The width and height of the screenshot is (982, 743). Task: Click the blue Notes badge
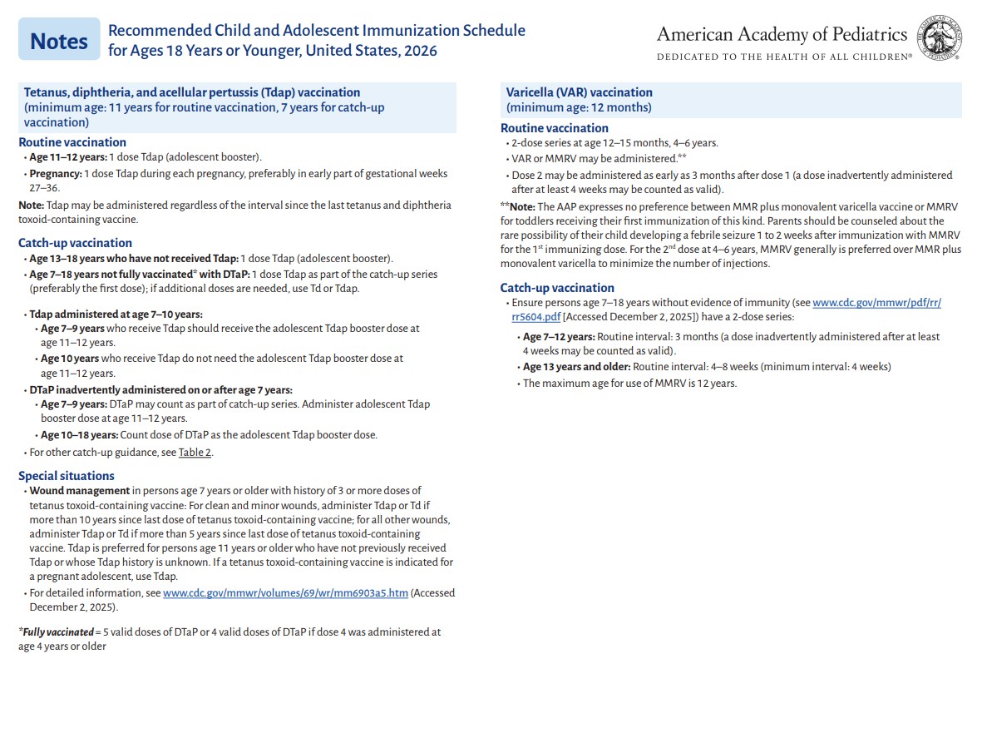59,40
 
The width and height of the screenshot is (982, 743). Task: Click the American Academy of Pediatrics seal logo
940,39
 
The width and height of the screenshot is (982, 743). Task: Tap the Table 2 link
195,453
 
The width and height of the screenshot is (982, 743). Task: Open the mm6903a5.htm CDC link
285,593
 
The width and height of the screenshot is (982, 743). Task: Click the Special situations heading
67,476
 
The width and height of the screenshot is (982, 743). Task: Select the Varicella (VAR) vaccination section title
580,92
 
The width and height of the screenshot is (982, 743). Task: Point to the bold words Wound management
80,491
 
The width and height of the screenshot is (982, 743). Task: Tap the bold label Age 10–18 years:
79,435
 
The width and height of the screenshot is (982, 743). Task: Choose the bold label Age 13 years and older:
576,367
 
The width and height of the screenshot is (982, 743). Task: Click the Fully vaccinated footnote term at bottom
56,632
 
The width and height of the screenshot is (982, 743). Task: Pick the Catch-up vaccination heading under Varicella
557,288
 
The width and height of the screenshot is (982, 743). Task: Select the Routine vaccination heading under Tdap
72,142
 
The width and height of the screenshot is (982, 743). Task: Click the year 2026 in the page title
420,50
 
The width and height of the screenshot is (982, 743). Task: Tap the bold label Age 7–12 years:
559,337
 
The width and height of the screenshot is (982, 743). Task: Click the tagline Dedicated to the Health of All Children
784,57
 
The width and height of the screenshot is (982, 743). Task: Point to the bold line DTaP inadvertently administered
160,389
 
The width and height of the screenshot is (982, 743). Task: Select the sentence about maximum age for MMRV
629,384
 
